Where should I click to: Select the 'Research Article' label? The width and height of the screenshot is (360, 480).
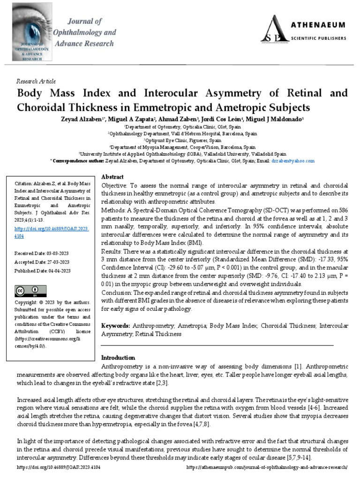[36, 81]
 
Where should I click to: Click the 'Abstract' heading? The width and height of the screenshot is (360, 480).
[112, 177]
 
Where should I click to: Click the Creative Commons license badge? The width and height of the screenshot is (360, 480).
[27, 291]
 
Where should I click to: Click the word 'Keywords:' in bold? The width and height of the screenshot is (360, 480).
[116, 325]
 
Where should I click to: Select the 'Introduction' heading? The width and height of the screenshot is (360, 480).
[118, 358]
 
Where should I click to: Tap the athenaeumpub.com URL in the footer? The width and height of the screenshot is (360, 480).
[267, 467]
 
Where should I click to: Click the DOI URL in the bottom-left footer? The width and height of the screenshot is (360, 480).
[59, 467]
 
